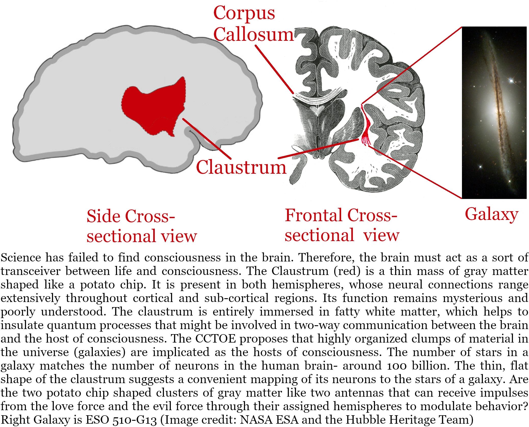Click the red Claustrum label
point(241,167)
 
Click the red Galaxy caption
point(491,214)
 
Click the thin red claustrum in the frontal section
point(366,125)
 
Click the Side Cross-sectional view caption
point(141,226)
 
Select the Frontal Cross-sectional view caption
point(342,225)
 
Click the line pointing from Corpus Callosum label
point(274,69)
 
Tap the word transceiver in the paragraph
point(30,271)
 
